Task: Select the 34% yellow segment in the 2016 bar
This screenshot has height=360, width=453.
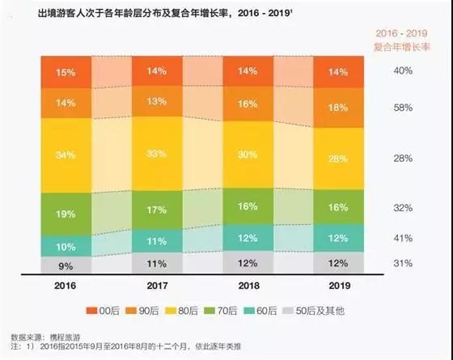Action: [66, 155]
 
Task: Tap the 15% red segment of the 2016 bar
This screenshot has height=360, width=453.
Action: [66, 72]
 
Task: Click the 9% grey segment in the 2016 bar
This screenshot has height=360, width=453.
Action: [66, 265]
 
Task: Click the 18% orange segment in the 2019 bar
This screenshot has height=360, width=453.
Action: [339, 108]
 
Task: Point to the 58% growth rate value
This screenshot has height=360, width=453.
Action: [404, 108]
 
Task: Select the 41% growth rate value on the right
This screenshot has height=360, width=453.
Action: [404, 239]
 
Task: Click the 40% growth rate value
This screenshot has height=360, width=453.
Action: [404, 71]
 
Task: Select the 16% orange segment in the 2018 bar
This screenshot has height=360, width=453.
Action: [248, 104]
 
